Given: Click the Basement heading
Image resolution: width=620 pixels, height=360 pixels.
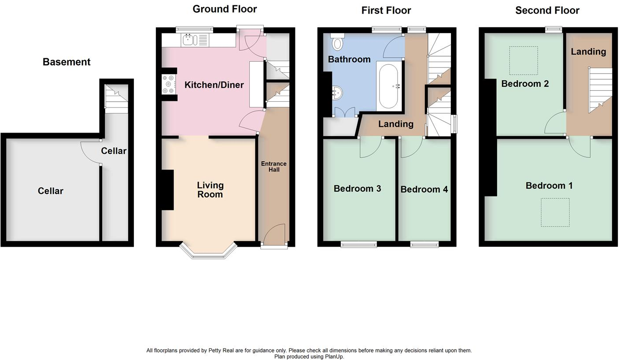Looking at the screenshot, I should click(x=66, y=62).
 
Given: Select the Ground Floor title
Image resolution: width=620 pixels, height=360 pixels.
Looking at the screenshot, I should click(x=225, y=9).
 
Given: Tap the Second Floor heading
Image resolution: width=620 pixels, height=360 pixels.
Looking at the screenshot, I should click(x=547, y=11).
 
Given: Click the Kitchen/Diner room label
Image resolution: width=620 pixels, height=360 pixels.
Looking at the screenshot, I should click(x=214, y=85).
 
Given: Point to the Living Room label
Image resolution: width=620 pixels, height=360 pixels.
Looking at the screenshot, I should click(x=210, y=190).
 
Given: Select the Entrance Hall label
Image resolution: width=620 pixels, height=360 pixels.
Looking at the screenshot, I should click(x=273, y=167).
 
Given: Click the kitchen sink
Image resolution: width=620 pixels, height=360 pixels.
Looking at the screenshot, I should click(x=190, y=40).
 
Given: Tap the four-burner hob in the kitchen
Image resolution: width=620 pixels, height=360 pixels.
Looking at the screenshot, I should click(x=168, y=85).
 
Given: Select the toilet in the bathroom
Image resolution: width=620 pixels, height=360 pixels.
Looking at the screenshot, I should click(x=338, y=43).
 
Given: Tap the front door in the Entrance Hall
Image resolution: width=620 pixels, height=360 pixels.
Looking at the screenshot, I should click(x=274, y=234).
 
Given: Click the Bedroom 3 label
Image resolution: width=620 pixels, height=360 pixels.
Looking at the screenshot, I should click(x=357, y=189).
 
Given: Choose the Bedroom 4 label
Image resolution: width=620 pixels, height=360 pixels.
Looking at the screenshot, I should click(x=424, y=189).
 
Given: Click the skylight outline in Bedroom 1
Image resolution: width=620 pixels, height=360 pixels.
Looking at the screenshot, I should click(x=555, y=212).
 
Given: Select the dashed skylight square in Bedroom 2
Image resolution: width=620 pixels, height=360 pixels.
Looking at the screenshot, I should click(x=523, y=60).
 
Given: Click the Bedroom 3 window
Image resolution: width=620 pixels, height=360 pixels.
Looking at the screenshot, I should click(x=359, y=244).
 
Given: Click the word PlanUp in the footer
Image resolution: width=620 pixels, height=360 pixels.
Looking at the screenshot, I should click(x=334, y=357).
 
